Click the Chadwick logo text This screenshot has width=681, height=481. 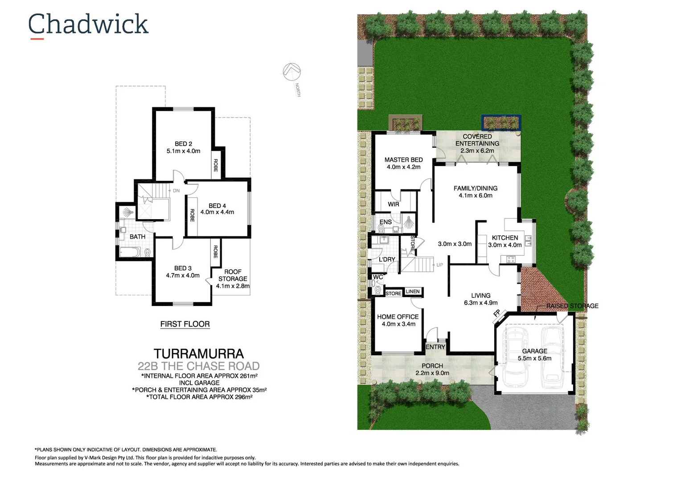[x=88, y=24]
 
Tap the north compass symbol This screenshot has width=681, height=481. [x=291, y=72]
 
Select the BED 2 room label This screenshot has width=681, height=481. [x=183, y=144]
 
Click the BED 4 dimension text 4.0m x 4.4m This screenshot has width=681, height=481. [x=217, y=212]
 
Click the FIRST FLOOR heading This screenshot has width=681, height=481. [x=185, y=324]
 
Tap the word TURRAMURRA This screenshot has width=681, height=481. [x=199, y=354]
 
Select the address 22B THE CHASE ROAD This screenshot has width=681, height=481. [x=199, y=366]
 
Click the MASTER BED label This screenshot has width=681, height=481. [x=403, y=160]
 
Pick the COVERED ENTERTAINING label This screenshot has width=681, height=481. [x=477, y=140]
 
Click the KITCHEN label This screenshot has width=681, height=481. [x=505, y=238]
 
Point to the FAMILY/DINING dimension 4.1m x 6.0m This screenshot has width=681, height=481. [x=476, y=196]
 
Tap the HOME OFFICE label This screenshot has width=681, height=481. [x=398, y=317]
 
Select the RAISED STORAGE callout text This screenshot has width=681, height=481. [x=572, y=306]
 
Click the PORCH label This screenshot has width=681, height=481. [x=432, y=366]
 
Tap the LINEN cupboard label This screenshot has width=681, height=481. [x=413, y=292]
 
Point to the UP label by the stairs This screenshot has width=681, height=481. [x=440, y=265]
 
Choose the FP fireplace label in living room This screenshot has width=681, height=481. [x=497, y=313]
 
